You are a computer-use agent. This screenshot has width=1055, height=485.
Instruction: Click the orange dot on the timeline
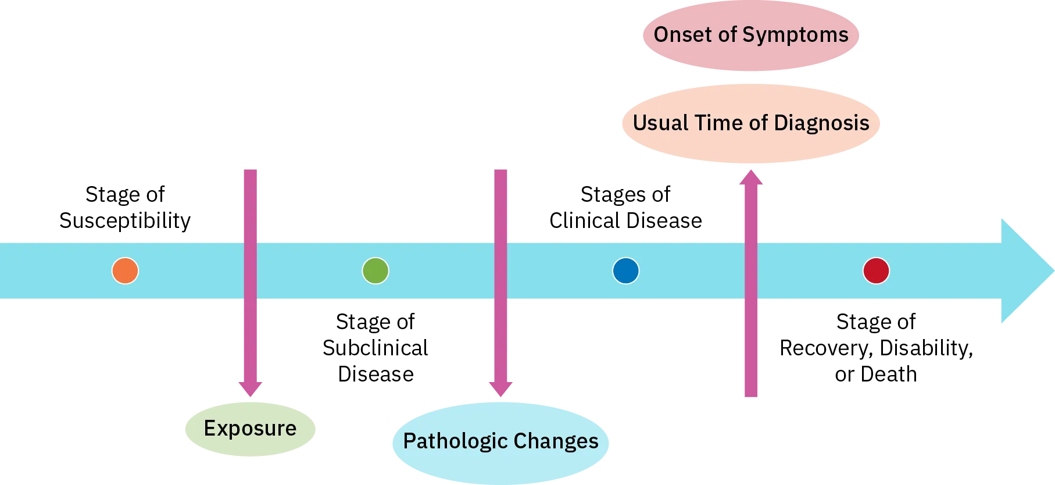125,271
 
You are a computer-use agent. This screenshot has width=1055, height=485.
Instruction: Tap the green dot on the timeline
375,271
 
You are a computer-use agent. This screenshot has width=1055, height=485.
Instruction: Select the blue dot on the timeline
626,271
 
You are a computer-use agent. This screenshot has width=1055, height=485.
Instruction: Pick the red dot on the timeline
876,271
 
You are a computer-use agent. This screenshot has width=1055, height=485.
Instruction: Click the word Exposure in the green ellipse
250,429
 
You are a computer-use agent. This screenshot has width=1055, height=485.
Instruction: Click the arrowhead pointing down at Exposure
251,390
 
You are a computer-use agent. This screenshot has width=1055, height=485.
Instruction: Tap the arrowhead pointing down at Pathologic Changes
502,390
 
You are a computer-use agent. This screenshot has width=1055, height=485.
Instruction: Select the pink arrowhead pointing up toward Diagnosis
751,177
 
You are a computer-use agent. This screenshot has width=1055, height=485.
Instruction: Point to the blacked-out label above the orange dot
124,207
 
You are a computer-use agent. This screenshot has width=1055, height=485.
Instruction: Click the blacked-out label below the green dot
375,347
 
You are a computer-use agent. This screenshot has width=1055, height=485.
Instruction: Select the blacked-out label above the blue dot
626,206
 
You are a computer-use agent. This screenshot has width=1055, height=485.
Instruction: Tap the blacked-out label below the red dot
877,347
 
